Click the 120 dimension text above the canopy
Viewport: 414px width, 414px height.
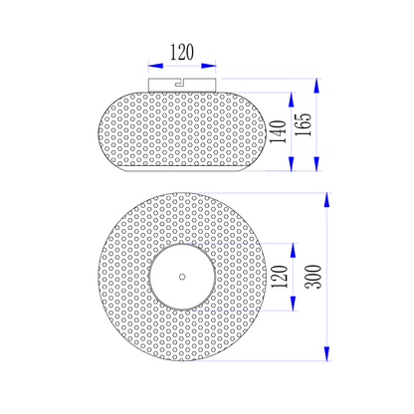(182, 53)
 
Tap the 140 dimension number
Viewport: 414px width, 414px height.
(278, 131)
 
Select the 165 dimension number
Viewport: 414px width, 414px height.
(304, 124)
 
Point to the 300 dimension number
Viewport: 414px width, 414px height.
(313, 277)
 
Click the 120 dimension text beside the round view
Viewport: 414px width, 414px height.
(280, 277)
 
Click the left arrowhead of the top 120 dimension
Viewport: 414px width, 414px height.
(155, 66)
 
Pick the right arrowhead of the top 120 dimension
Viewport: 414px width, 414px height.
(209, 66)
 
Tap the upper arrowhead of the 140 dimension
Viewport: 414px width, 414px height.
(292, 100)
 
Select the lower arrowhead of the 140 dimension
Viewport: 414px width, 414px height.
(292, 163)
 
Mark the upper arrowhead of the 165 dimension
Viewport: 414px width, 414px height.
(316, 86)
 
